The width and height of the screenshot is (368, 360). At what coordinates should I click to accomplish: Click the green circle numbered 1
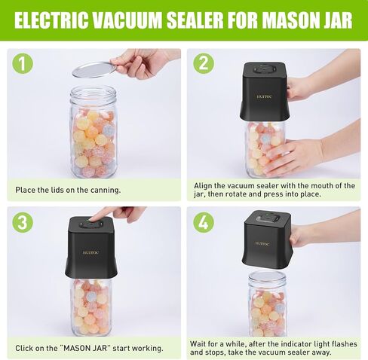(x=23, y=63)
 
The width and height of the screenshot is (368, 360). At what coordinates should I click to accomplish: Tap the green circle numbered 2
(x=204, y=63)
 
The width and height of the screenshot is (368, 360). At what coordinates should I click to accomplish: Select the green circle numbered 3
(x=23, y=222)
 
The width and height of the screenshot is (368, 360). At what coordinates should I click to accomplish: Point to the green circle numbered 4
(x=204, y=222)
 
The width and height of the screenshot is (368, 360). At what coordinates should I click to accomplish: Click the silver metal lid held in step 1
(x=94, y=70)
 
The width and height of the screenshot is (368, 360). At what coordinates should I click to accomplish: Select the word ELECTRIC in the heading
(x=52, y=20)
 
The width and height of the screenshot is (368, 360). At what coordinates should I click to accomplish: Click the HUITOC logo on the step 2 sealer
(x=264, y=96)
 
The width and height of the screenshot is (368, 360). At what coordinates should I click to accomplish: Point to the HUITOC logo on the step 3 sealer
(x=90, y=253)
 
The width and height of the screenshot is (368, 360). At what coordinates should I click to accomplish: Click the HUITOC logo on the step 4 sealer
(x=262, y=243)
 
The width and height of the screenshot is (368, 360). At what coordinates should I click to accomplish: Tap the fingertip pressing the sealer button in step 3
(x=94, y=218)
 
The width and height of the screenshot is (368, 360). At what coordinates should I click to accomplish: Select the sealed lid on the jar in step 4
(x=267, y=276)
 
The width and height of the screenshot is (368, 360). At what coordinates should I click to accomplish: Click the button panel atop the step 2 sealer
(x=265, y=69)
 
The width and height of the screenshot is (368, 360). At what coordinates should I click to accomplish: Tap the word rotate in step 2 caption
(x=236, y=194)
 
